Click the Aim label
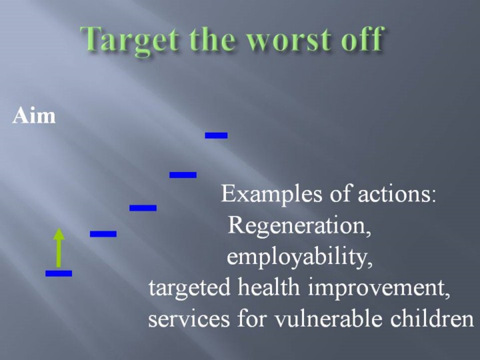point(34,116)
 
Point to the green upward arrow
point(59,247)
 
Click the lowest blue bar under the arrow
point(59,273)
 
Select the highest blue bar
point(216,135)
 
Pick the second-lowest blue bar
point(103,234)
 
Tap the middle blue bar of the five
point(143,208)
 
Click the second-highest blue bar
point(183,175)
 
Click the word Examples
point(271,195)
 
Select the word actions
point(397,195)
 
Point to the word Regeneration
point(299,226)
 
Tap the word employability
point(299,257)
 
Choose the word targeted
point(189,289)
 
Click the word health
point(269,287)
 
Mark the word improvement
point(379,289)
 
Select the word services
point(189,319)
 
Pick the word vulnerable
point(328,319)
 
